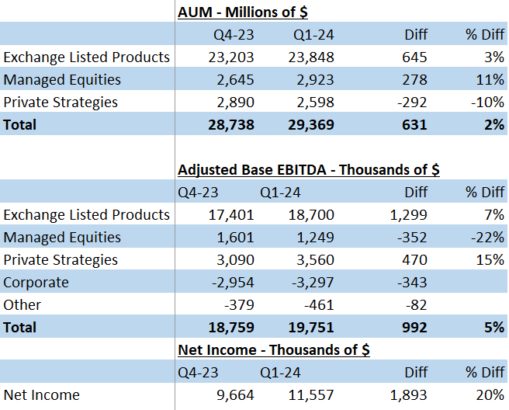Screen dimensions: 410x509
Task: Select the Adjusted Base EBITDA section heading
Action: [308, 170]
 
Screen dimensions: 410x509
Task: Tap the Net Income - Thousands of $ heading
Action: [273, 350]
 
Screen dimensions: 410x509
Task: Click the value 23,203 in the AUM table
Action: [231, 57]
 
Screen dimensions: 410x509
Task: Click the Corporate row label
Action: [36, 283]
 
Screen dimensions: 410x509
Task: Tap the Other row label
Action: [23, 305]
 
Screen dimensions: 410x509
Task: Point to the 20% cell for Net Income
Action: [490, 395]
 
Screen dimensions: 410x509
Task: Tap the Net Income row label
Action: [41, 395]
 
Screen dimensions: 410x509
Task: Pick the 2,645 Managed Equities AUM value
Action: [235, 79]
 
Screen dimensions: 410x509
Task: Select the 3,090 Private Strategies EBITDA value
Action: [235, 260]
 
